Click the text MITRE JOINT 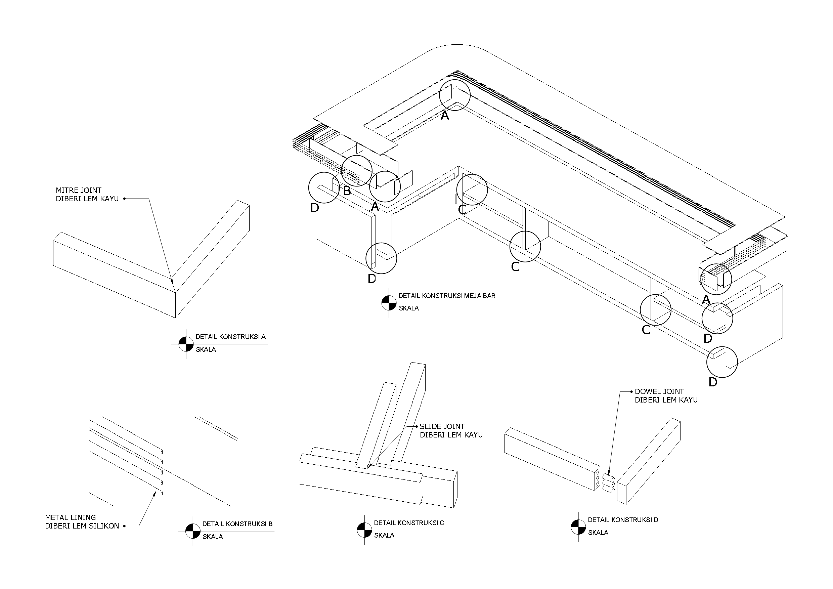click(x=78, y=190)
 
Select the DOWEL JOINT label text click(x=659, y=391)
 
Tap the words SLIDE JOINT click(x=442, y=426)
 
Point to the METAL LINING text click(x=71, y=517)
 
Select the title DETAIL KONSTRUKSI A click(x=231, y=337)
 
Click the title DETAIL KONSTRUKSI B click(x=237, y=524)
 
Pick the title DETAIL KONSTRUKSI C click(x=409, y=523)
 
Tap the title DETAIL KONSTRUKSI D click(x=623, y=520)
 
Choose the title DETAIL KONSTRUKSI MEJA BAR click(x=447, y=296)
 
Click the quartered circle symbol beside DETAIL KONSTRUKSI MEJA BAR click(x=389, y=303)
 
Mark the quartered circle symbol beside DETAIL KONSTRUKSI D click(x=578, y=527)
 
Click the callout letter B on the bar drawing click(x=347, y=191)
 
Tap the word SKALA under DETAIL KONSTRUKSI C click(x=384, y=535)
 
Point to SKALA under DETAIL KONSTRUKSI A click(x=206, y=349)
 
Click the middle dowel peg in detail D click(x=608, y=484)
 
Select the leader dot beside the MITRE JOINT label click(x=124, y=199)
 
